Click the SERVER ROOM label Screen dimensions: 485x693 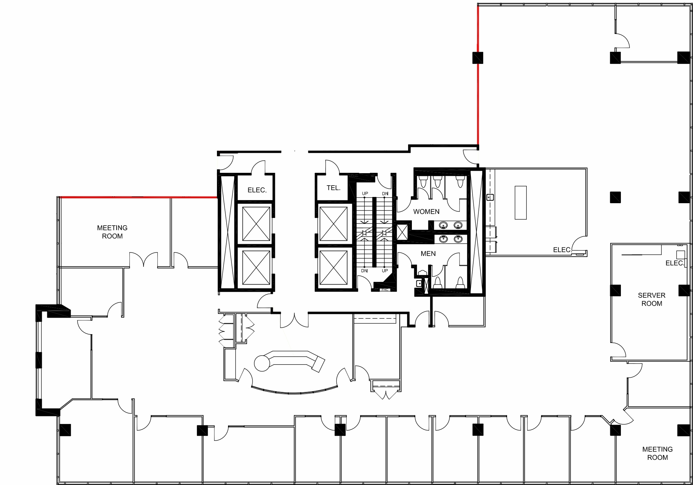tap(651, 299)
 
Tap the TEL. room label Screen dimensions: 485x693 tap(333, 188)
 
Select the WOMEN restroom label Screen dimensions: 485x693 tap(426, 211)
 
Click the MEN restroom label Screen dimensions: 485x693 tap(428, 254)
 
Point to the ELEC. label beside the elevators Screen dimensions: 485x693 tap(257, 190)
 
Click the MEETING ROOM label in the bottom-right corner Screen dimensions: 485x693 tap(657, 453)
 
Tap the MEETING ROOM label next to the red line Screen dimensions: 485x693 tap(112, 232)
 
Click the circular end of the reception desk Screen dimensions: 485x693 tap(262, 363)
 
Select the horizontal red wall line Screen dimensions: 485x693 tap(138, 197)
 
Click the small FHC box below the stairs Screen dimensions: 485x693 tap(385, 290)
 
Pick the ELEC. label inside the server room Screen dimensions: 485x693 tap(674, 263)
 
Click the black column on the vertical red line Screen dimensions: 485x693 tap(477, 58)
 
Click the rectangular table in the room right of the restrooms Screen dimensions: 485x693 tap(521, 202)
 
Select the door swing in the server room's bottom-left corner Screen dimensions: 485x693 tap(618, 350)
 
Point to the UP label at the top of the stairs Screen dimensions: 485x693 tap(365, 194)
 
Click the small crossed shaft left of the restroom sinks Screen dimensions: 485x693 tap(402, 232)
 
